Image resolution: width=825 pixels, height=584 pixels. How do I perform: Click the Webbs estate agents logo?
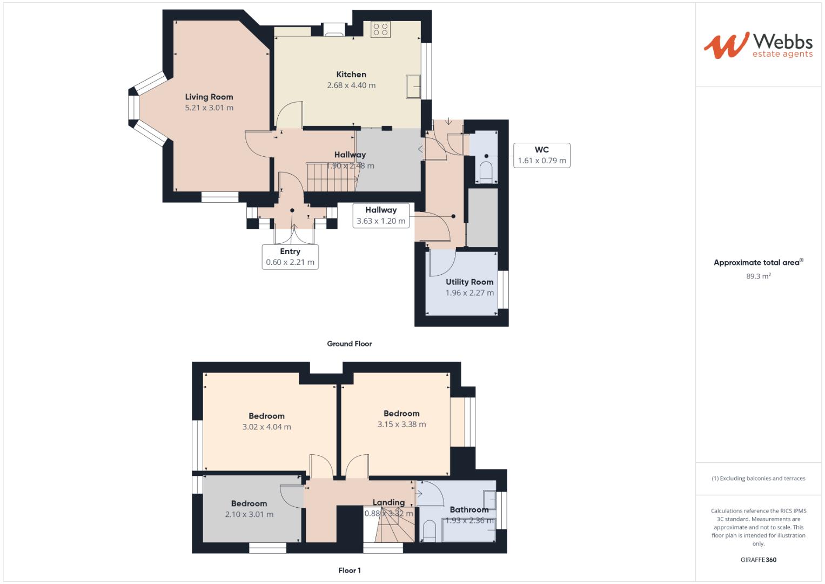click(758, 45)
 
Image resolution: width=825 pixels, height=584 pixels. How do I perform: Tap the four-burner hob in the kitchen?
click(380, 29)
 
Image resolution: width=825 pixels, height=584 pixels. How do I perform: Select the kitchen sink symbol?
click(413, 87)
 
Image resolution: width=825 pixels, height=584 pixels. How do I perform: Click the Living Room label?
click(209, 97)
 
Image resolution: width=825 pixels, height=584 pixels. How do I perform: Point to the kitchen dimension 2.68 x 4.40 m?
click(351, 85)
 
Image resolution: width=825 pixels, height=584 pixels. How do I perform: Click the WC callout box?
click(542, 155)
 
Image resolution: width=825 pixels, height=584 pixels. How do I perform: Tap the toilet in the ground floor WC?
click(486, 170)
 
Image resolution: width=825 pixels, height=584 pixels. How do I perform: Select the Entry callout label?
click(290, 257)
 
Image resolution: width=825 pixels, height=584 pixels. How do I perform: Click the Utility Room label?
click(469, 282)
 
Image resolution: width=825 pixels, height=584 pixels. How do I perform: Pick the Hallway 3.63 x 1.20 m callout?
click(381, 215)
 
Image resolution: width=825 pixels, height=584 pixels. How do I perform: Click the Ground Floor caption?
click(350, 343)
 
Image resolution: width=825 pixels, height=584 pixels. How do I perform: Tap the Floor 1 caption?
click(350, 570)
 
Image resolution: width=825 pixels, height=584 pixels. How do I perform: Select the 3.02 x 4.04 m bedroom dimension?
click(266, 427)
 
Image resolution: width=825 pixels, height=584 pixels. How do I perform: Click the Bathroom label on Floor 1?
click(469, 509)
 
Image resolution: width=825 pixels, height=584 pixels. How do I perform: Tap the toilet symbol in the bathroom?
click(429, 530)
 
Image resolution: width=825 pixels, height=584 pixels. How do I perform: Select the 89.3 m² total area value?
click(758, 276)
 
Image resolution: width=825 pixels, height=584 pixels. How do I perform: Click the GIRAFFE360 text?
click(758, 560)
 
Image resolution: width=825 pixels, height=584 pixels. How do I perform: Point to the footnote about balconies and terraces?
click(758, 479)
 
